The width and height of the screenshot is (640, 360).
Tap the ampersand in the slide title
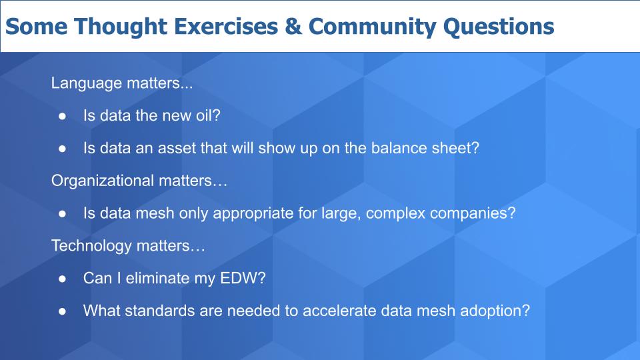pyautogui.click(x=293, y=26)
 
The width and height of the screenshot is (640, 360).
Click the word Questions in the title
pyautogui.click(x=499, y=27)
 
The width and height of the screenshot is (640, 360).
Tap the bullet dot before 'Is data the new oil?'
pyautogui.click(x=63, y=116)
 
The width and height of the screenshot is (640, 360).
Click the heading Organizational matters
pyautogui.click(x=139, y=181)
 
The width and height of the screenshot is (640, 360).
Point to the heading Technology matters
pyautogui.click(x=128, y=246)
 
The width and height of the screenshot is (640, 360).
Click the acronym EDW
pyautogui.click(x=237, y=279)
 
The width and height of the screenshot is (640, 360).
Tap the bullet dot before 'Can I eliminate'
pyautogui.click(x=63, y=279)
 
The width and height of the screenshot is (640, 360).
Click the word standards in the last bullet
pyautogui.click(x=159, y=311)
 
